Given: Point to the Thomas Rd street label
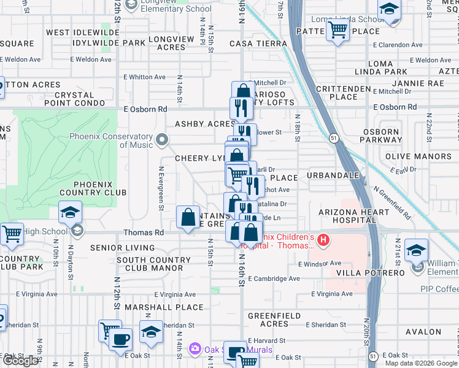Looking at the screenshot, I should pyautogui.click(x=144, y=233).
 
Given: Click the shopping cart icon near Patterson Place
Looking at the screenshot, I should pyautogui.click(x=337, y=29).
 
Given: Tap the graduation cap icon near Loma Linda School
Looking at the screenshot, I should pyautogui.click(x=388, y=10).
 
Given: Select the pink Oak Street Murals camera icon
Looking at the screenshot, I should pyautogui.click(x=195, y=349).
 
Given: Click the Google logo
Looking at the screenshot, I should pyautogui.click(x=20, y=361).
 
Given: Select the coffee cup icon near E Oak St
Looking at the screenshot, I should pyautogui.click(x=120, y=339).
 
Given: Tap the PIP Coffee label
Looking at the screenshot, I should pyautogui.click(x=439, y=289).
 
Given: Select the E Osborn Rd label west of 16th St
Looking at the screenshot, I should pyautogui.click(x=145, y=109).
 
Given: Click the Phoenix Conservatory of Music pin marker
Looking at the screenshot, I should pyautogui.click(x=162, y=140).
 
